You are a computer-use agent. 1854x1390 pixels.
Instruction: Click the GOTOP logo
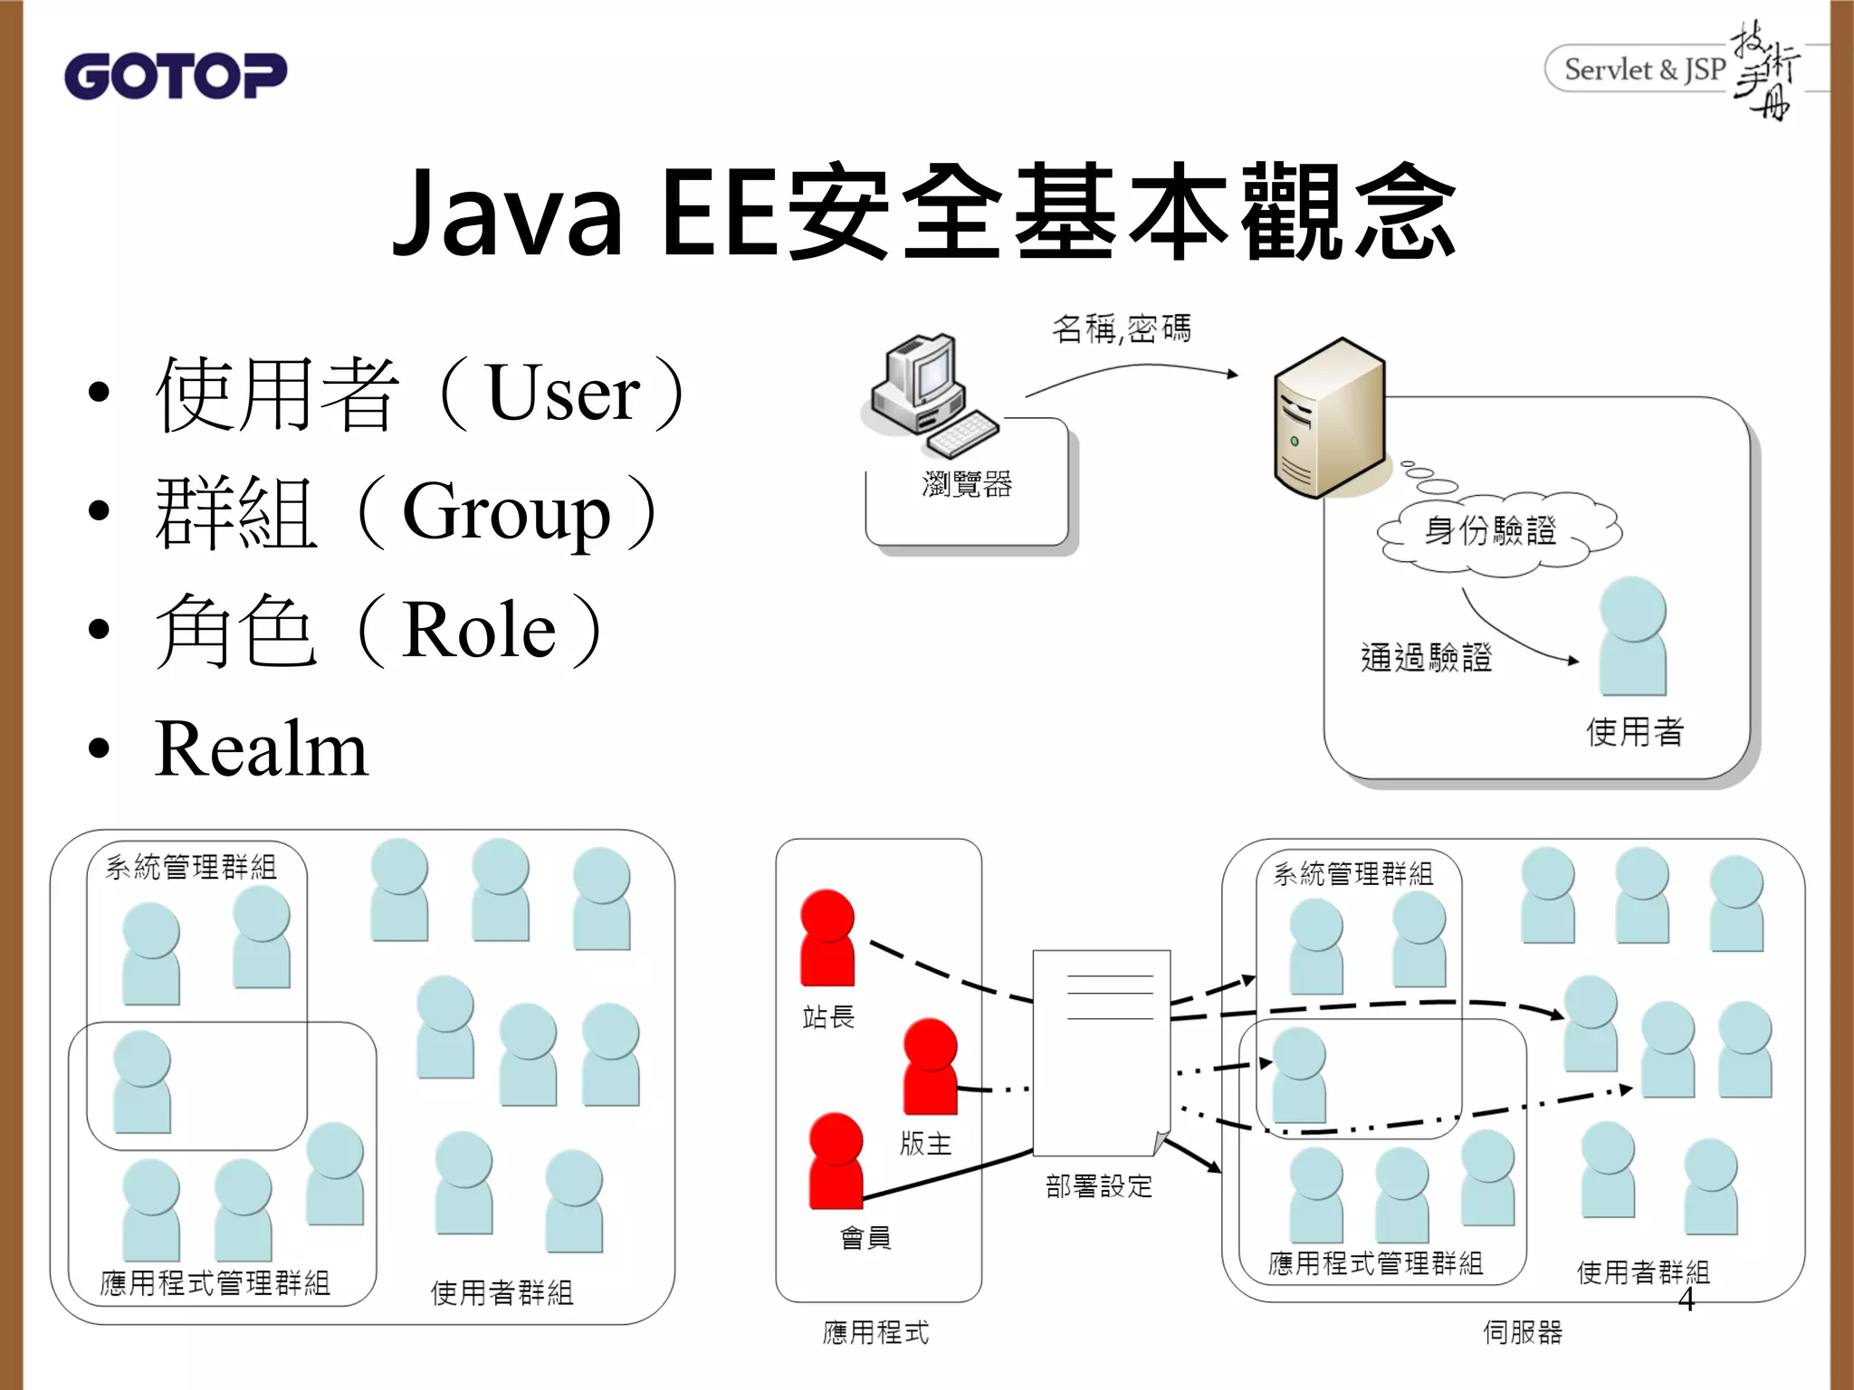pyautogui.click(x=175, y=76)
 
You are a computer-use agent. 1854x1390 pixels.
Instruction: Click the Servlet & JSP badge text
pyautogui.click(x=1644, y=70)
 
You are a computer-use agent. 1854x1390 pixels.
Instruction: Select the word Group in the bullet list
pyautogui.click(x=506, y=513)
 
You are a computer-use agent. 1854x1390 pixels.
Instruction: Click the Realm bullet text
pyautogui.click(x=261, y=749)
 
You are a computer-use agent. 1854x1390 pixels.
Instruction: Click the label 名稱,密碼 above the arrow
pyautogui.click(x=1121, y=329)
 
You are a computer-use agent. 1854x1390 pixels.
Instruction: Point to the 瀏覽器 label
pyautogui.click(x=967, y=485)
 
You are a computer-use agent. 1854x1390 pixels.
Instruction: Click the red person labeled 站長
pyautogui.click(x=827, y=938)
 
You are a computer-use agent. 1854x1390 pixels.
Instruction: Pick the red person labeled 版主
pyautogui.click(x=930, y=1066)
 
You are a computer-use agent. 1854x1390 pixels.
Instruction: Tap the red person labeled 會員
pyautogui.click(x=835, y=1161)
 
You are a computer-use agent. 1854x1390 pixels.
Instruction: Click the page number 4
pyautogui.click(x=1686, y=1300)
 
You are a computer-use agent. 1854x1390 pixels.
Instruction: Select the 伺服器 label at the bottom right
pyautogui.click(x=1523, y=1332)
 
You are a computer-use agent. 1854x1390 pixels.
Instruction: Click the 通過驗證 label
pyautogui.click(x=1426, y=658)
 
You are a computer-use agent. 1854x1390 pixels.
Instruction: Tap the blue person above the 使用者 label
pyautogui.click(x=1632, y=636)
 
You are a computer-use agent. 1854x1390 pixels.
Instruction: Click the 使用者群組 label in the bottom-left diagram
pyautogui.click(x=502, y=1293)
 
